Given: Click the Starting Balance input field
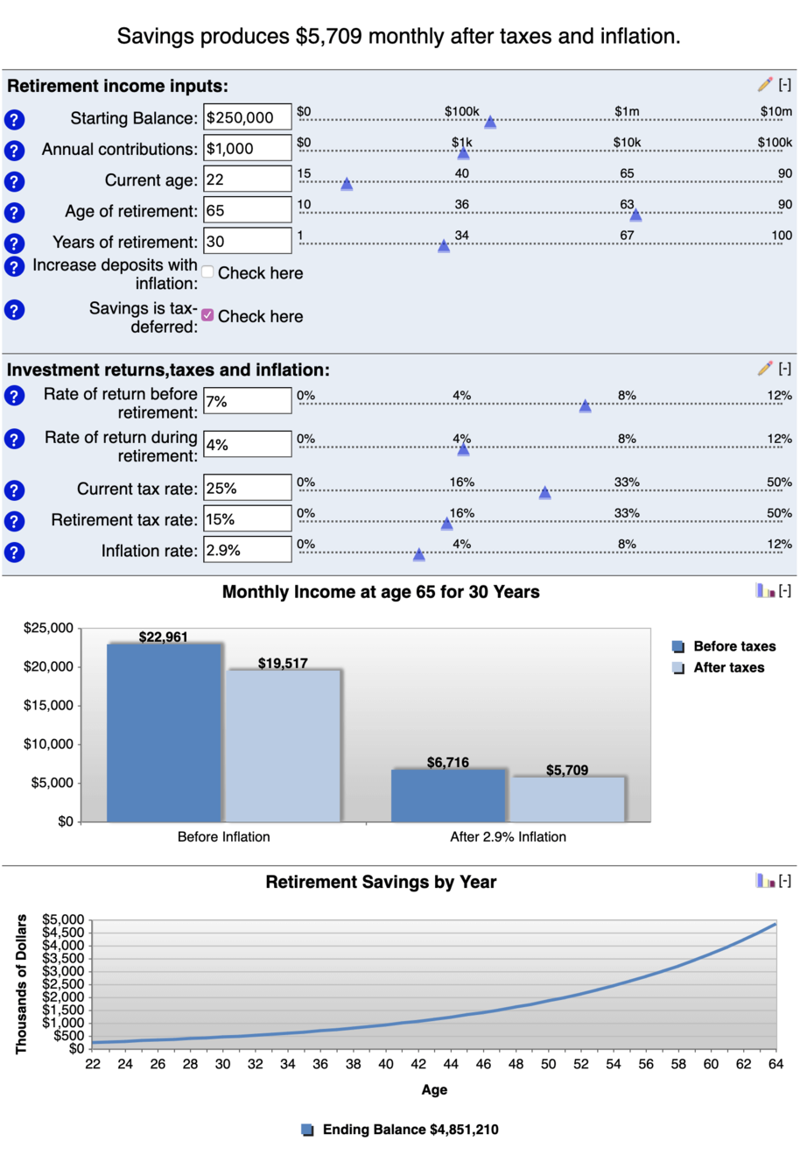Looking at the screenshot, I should pyautogui.click(x=247, y=117).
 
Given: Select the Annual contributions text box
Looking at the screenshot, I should pyautogui.click(x=247, y=149).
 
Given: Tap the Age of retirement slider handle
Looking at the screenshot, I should pyautogui.click(x=635, y=215).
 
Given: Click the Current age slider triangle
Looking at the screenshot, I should pyautogui.click(x=347, y=184).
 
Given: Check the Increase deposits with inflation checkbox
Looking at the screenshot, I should pyautogui.click(x=207, y=271).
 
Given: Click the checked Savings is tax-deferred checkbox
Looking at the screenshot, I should pyautogui.click(x=207, y=315).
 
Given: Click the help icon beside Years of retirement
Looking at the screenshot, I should pyautogui.click(x=14, y=243).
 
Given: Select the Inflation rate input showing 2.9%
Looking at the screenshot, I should pyautogui.click(x=247, y=550).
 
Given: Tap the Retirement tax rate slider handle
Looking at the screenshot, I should pyautogui.click(x=446, y=524).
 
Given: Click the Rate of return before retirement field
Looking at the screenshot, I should pyautogui.click(x=247, y=401).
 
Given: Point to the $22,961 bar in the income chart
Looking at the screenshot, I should pyautogui.click(x=164, y=731).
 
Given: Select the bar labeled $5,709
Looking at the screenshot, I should pyautogui.click(x=567, y=799).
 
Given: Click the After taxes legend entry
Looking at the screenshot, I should pyautogui.click(x=727, y=667).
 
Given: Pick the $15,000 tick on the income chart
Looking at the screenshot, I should pyautogui.click(x=49, y=706).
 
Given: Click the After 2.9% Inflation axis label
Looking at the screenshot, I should pyautogui.click(x=508, y=837).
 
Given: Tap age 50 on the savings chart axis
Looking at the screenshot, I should pyautogui.click(x=548, y=1064).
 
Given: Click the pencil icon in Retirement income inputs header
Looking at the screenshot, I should pyautogui.click(x=765, y=85).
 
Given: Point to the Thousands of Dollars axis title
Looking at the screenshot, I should pyautogui.click(x=21, y=983).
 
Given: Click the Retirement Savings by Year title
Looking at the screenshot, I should pyautogui.click(x=381, y=882).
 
